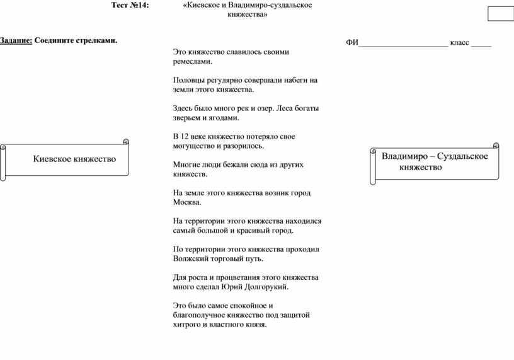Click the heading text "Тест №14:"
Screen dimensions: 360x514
(130, 5)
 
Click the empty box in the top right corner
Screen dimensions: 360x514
(501, 14)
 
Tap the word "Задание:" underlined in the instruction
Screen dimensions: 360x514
(16, 40)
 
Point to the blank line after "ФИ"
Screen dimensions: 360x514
(403, 43)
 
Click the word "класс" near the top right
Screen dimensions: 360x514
(459, 43)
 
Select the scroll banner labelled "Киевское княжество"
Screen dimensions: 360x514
(66, 160)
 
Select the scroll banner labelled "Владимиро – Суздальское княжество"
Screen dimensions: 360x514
(434, 163)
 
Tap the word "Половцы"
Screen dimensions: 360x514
(188, 80)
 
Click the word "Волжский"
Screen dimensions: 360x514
(190, 258)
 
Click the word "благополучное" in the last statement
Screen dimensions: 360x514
(199, 315)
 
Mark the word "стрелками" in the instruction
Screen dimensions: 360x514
(98, 40)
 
